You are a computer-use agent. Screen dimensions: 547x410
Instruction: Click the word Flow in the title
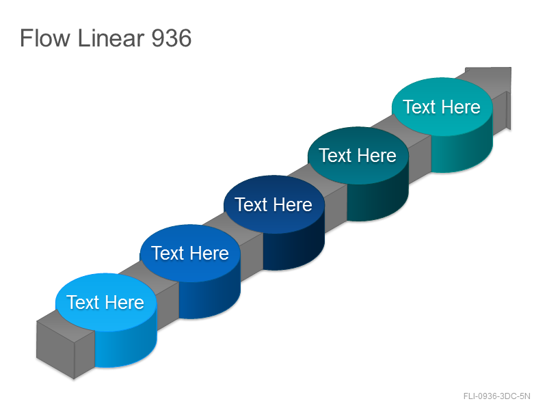(45, 38)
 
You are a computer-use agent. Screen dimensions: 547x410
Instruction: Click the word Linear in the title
(111, 38)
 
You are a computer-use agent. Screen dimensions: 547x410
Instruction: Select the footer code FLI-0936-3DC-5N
(497, 396)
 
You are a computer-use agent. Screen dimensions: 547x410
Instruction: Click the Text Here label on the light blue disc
(105, 302)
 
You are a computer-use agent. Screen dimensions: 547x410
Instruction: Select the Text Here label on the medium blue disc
(190, 253)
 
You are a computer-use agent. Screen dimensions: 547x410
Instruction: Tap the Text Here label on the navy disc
(273, 204)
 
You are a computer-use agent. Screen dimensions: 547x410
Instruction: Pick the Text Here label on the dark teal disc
(358, 155)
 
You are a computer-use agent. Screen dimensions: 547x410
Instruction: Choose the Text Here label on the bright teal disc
(442, 107)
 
